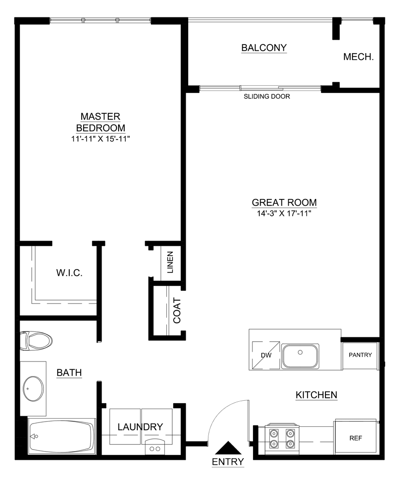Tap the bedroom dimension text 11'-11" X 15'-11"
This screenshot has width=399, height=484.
101,138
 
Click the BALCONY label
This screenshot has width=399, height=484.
264,47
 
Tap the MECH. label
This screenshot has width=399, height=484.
358,57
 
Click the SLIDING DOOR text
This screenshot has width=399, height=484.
266,96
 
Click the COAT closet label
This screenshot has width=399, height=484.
177,310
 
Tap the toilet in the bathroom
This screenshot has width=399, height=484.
37,341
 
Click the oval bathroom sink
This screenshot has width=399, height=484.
33,388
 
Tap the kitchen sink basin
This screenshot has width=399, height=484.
300,355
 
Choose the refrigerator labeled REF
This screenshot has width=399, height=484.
355,438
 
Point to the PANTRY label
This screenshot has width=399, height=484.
360,355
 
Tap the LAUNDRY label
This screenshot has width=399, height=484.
140,427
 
